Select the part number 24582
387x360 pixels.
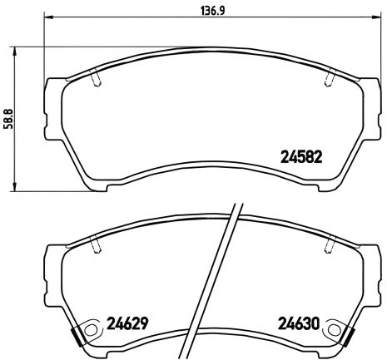point(300,155)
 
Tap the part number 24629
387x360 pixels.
point(127,322)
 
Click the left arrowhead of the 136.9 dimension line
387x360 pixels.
point(45,17)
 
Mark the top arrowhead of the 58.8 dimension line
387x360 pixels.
point(18,49)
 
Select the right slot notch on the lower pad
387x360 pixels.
point(330,245)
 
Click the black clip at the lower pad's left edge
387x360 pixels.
point(77,337)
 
